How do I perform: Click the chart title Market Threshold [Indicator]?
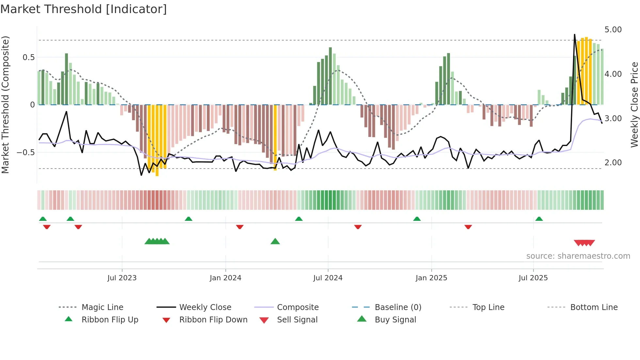click(84, 9)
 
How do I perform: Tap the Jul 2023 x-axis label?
click(122, 278)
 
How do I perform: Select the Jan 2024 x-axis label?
click(225, 278)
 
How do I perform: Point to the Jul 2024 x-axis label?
click(328, 278)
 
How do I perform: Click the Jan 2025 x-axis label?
click(431, 278)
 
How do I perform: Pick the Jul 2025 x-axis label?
click(533, 278)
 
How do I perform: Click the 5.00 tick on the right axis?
click(613, 30)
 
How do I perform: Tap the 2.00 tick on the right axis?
click(613, 163)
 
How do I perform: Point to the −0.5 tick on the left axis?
click(26, 153)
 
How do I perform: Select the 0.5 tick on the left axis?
click(28, 57)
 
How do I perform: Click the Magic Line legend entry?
click(102, 307)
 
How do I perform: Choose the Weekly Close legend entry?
click(205, 307)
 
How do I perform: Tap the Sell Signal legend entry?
click(297, 320)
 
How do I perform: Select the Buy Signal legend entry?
click(395, 320)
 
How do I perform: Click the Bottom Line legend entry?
click(594, 307)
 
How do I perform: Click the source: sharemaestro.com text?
click(578, 256)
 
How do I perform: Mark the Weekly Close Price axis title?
click(634, 105)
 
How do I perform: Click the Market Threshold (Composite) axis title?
click(5, 105)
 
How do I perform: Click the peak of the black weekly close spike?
click(574, 34)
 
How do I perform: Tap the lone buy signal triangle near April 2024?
click(275, 241)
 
